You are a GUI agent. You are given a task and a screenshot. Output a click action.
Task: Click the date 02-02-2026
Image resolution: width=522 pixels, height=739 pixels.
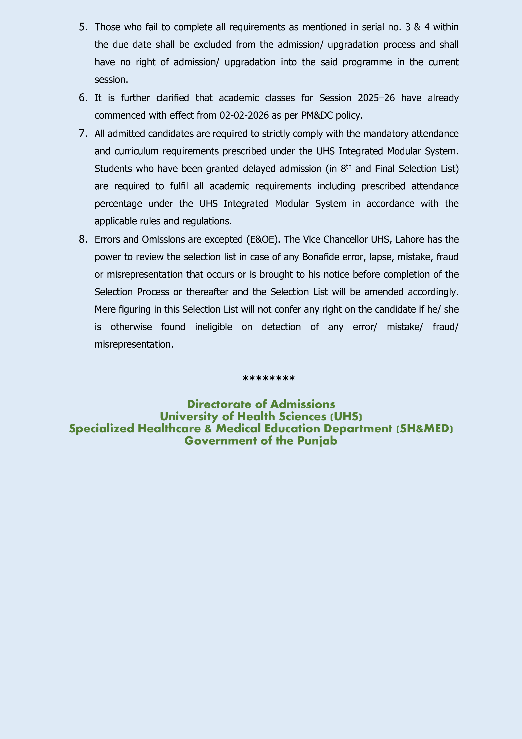click(244, 116)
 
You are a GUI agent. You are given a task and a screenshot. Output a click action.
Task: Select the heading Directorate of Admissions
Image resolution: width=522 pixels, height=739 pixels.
click(261, 404)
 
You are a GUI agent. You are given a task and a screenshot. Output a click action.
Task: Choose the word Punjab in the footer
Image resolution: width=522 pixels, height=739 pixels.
click(317, 441)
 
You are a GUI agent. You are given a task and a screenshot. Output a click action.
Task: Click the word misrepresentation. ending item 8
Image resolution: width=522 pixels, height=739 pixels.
click(134, 344)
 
